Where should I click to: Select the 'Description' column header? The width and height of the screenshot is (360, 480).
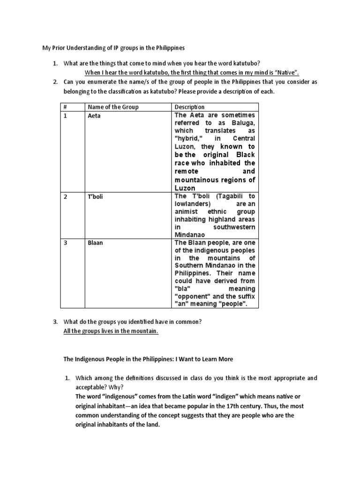coord(189,107)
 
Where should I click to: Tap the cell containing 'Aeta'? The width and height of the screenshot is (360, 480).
coord(94,116)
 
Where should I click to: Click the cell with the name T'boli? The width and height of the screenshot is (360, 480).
coord(95,196)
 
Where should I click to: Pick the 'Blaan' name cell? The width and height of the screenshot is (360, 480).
coord(95,243)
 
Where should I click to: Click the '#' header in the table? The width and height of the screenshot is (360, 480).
coord(66,107)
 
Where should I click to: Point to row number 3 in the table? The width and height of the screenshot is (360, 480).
coord(66,243)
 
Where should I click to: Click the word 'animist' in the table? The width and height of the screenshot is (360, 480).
coord(187,211)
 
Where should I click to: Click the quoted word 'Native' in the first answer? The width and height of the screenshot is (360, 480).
coord(286,72)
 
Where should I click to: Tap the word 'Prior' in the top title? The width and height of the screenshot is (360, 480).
coord(55,48)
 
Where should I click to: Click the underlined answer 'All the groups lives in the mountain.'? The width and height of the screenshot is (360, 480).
coord(111,331)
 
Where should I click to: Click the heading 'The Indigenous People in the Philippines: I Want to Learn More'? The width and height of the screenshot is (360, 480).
coord(148,359)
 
